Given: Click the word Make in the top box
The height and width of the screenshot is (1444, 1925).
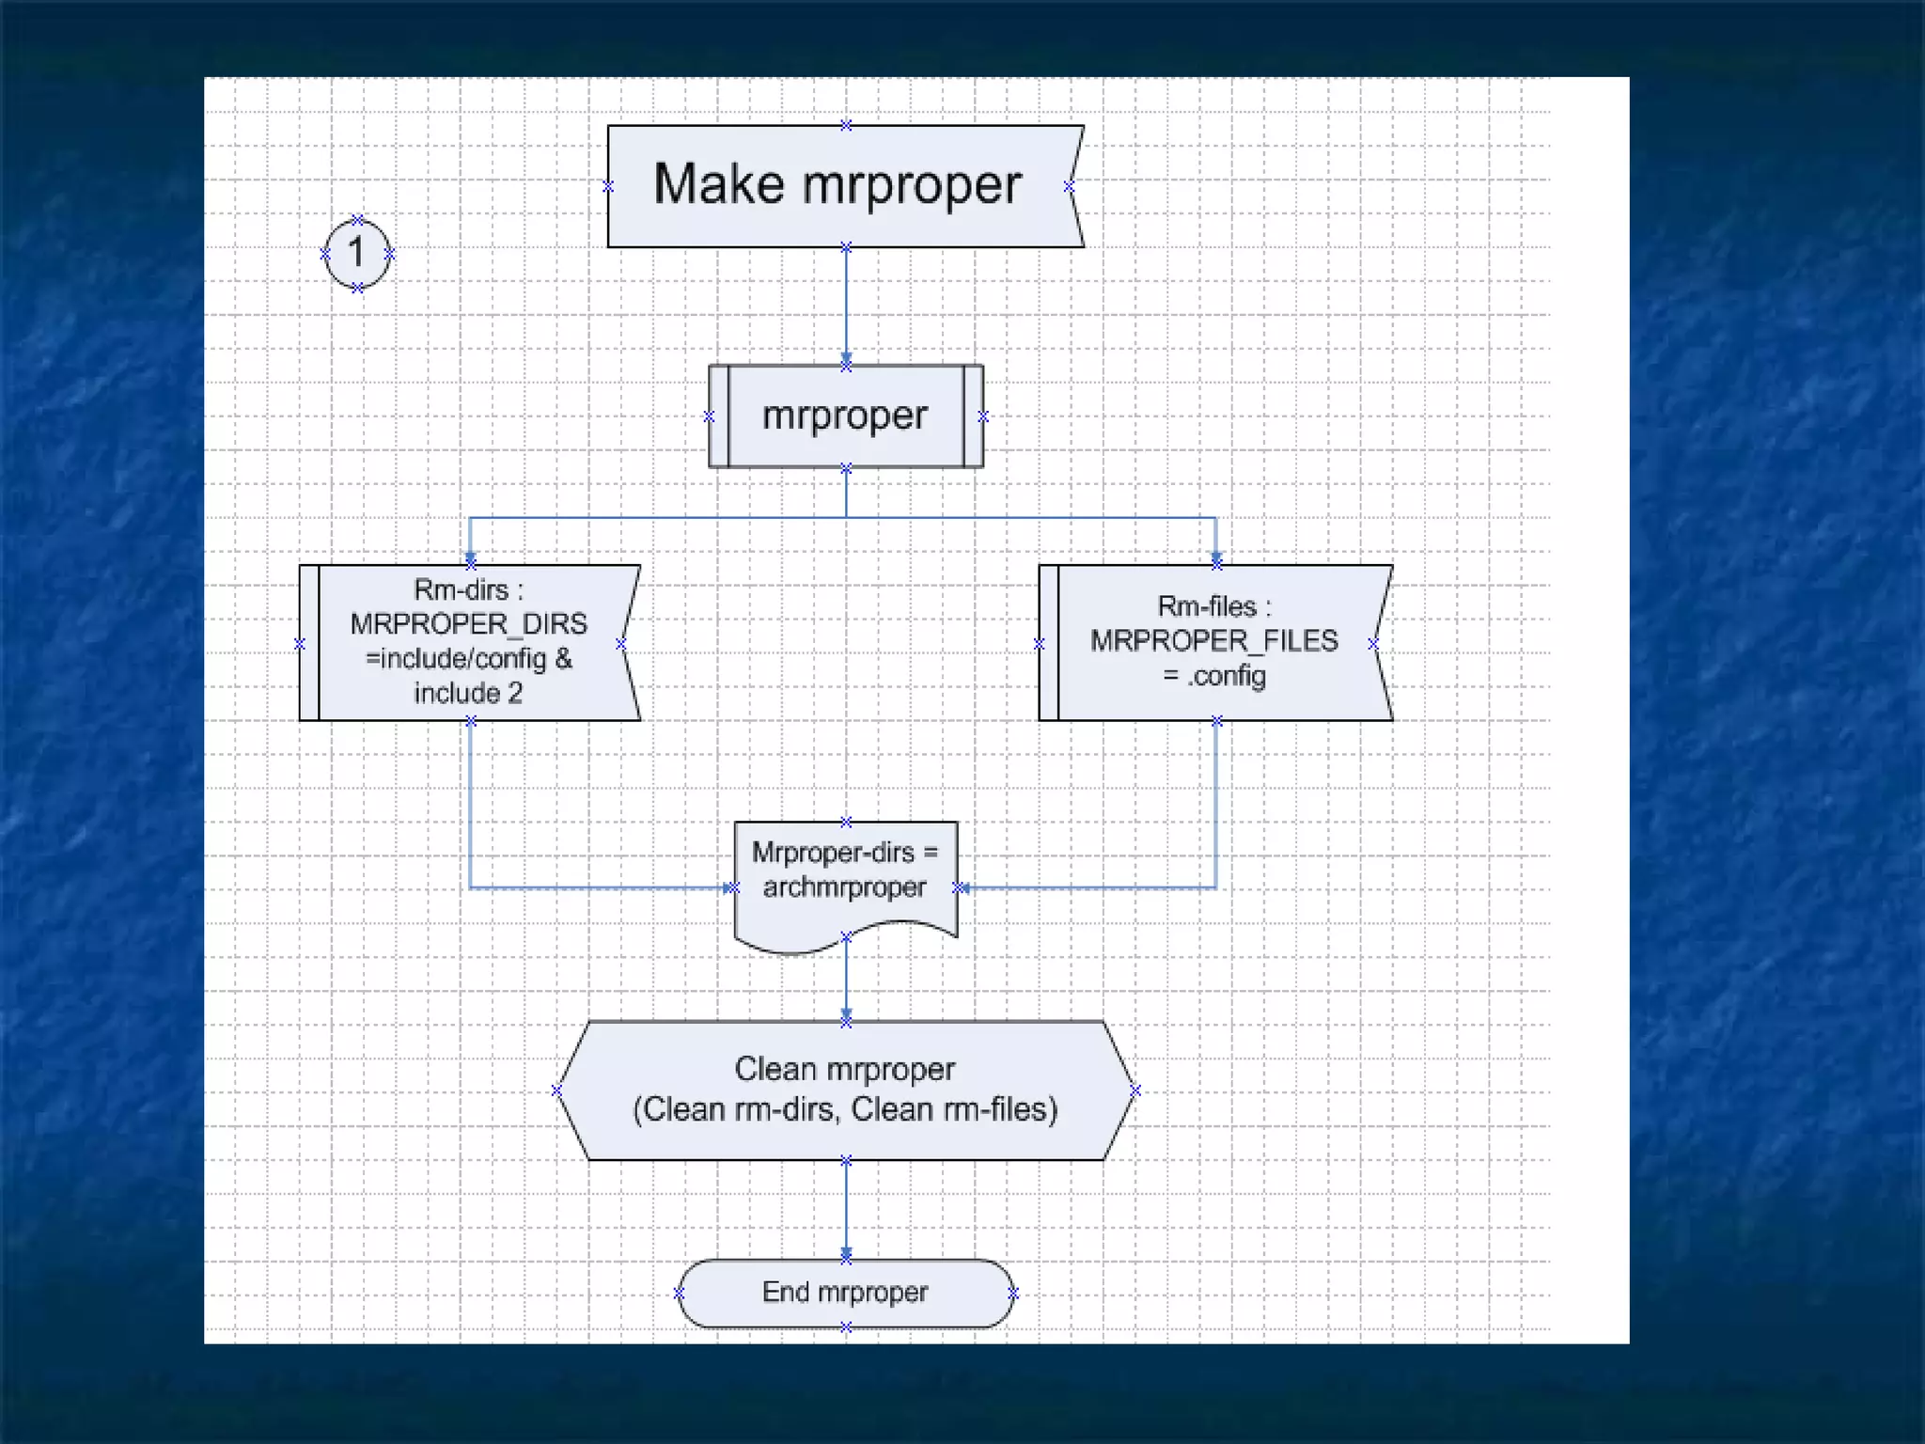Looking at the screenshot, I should tap(718, 184).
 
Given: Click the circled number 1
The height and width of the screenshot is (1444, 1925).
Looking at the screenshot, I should tap(356, 253).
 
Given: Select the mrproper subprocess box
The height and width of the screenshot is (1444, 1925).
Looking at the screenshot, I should tap(845, 416).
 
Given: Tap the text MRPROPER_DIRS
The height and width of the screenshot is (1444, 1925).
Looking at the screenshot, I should tap(468, 624).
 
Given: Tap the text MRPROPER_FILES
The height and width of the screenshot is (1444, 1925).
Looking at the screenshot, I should tap(1213, 641).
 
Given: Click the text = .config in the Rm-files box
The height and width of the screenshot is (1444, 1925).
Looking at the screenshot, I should tap(1213, 676).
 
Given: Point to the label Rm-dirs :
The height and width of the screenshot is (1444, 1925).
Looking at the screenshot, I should tap(468, 590).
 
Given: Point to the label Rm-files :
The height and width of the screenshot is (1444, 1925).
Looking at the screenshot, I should tap(1213, 606).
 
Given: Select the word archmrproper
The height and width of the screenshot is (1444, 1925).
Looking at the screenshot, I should tap(844, 887).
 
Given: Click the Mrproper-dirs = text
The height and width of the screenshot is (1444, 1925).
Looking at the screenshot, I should tap(844, 853).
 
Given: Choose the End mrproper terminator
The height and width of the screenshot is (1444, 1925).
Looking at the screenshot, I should tap(845, 1293).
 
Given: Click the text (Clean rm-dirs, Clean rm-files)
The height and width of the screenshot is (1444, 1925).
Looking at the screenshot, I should tap(845, 1110).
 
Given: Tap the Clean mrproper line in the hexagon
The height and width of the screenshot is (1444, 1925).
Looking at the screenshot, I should tap(844, 1070).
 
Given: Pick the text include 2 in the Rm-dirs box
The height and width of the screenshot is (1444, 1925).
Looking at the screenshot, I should tap(468, 694).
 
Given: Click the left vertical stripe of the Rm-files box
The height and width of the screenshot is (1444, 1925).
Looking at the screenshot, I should tap(1048, 643).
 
